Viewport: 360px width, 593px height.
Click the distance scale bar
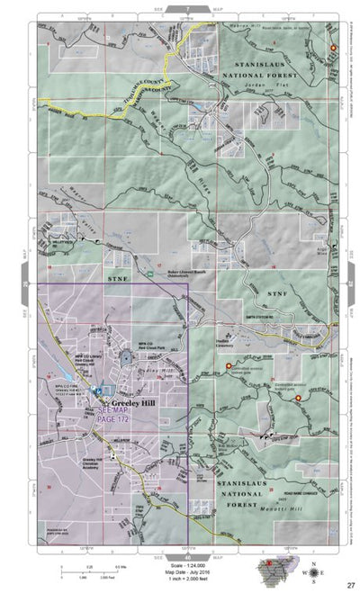pos(86,567)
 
